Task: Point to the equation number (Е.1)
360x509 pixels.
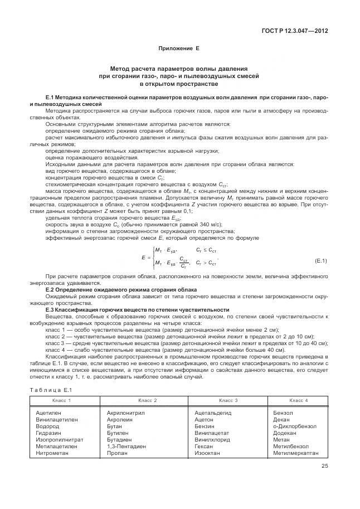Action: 320,260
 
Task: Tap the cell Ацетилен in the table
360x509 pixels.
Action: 42,413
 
